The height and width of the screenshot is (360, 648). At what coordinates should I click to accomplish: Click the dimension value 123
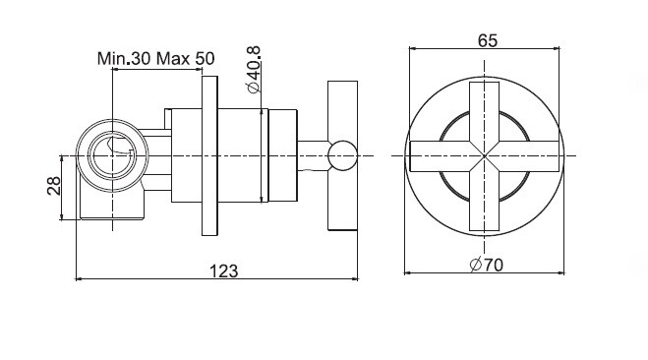tap(224, 271)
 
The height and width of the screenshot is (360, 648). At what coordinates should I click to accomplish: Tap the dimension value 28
tap(54, 185)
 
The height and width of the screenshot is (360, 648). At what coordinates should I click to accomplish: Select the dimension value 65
tap(488, 40)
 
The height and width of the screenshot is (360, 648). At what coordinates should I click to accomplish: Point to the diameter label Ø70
tap(487, 265)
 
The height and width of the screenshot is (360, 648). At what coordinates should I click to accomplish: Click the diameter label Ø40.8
tap(253, 70)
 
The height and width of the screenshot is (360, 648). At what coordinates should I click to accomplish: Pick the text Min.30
tap(124, 59)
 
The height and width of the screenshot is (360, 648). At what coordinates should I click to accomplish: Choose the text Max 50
tap(186, 59)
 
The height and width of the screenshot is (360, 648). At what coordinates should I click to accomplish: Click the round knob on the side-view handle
tap(342, 155)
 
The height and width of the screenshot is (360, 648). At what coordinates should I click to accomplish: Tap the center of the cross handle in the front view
tap(485, 155)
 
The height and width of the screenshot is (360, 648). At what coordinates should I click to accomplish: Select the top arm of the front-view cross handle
tap(485, 111)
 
